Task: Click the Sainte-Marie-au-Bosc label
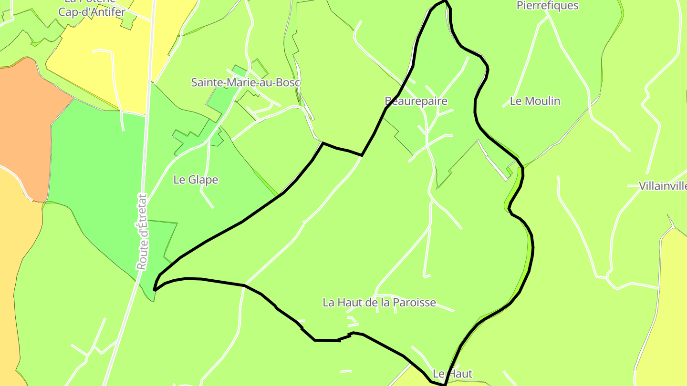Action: [x=245, y=82]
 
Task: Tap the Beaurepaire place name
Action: [x=416, y=101]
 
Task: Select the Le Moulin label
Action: [x=535, y=101]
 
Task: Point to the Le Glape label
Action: [x=196, y=180]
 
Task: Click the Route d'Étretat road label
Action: [x=142, y=232]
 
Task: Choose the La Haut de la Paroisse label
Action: [x=379, y=303]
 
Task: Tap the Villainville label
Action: [x=663, y=186]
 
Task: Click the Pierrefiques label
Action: [x=547, y=6]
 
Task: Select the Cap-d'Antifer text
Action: [x=92, y=12]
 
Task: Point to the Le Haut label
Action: [x=452, y=374]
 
